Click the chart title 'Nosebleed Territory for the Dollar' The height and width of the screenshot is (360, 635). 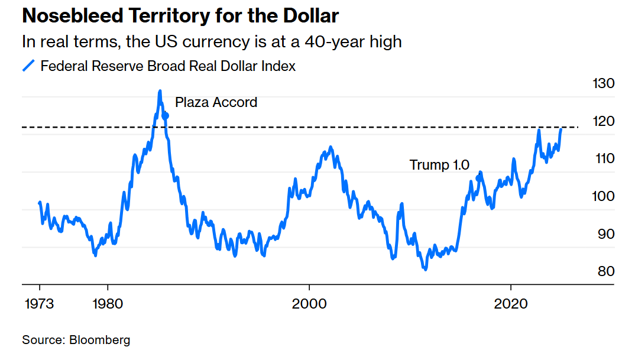click(180, 16)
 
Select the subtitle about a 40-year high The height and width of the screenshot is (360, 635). click(211, 42)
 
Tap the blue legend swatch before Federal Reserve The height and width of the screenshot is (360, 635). click(29, 66)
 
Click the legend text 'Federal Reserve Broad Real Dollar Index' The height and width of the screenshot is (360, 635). click(168, 66)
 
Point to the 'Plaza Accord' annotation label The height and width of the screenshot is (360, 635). click(216, 102)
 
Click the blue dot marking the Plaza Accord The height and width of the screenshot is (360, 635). click(166, 116)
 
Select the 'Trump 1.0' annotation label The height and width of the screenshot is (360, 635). click(439, 165)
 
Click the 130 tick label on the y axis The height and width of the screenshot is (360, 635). click(603, 84)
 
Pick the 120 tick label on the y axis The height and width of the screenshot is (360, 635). click(603, 121)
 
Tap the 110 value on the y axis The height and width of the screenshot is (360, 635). click(603, 158)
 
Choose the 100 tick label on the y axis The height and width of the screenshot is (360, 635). click(603, 196)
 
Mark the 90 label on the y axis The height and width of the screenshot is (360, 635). click(605, 234)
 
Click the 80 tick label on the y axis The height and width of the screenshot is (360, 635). click(605, 271)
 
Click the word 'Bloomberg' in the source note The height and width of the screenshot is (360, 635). click(100, 340)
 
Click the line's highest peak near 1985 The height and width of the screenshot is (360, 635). click(160, 92)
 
